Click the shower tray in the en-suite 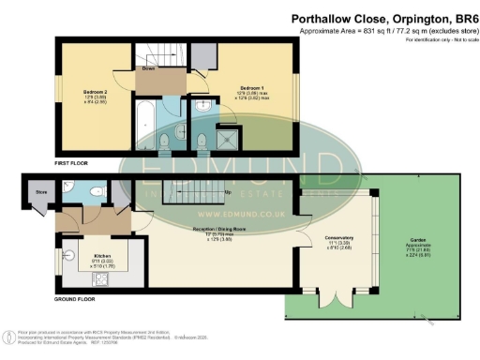[x=226, y=139]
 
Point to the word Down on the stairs [x=148, y=68]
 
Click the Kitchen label [x=102, y=253]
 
